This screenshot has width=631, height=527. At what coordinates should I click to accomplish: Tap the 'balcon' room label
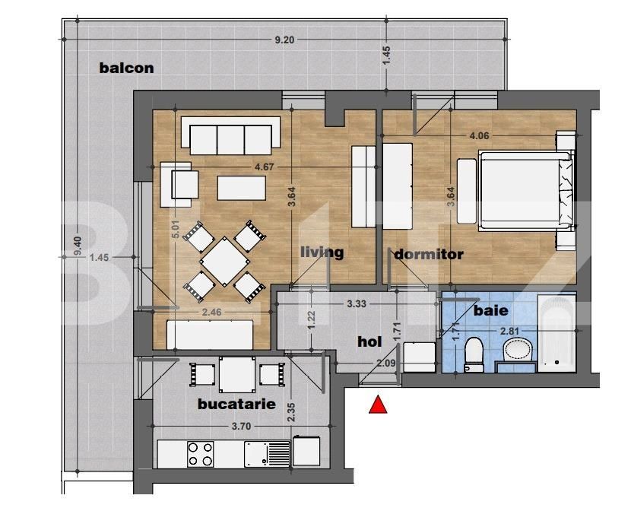pyautogui.click(x=126, y=68)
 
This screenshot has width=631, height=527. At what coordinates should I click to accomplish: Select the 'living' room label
pyautogui.click(x=322, y=252)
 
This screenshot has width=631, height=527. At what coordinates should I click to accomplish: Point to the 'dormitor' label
pyautogui.click(x=429, y=254)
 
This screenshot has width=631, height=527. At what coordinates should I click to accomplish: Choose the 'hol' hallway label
pyautogui.click(x=369, y=342)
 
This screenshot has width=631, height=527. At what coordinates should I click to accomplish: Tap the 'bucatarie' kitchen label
pyautogui.click(x=236, y=404)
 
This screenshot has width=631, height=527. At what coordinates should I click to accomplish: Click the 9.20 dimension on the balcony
pyautogui.click(x=286, y=40)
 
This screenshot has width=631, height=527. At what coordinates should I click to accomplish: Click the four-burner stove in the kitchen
pyautogui.click(x=201, y=454)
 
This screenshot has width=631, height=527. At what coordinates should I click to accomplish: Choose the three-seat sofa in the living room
pyautogui.click(x=230, y=138)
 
